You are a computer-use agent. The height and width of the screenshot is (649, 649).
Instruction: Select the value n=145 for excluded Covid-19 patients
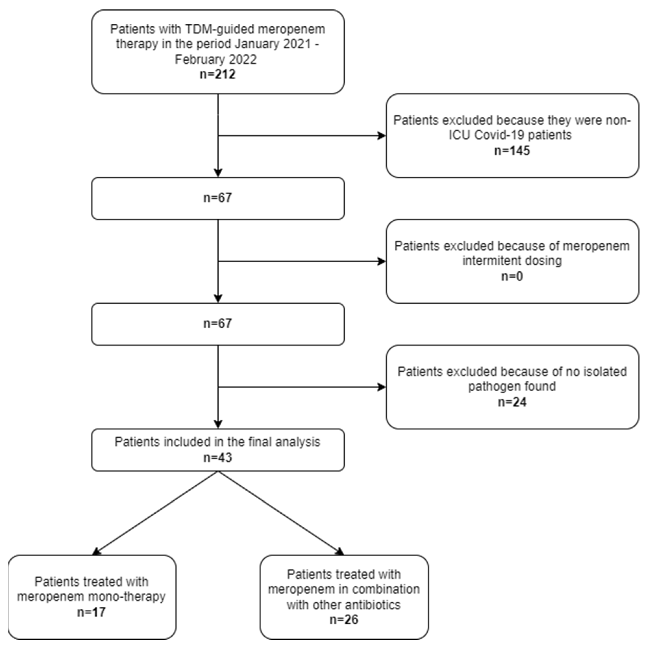coord(512,151)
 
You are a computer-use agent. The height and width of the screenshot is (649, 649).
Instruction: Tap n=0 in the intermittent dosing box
coord(512,276)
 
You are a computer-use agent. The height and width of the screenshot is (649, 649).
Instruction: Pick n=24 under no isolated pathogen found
coord(512,402)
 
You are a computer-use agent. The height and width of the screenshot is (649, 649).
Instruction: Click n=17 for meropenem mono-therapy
coord(91,612)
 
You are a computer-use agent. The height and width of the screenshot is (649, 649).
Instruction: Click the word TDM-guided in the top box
coord(220,30)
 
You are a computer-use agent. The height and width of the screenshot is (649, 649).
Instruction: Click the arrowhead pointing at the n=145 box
coord(382,136)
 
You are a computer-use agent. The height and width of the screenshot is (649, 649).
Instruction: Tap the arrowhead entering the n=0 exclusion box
coord(382,261)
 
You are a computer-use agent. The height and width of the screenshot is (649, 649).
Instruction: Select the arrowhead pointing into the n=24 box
coord(382,387)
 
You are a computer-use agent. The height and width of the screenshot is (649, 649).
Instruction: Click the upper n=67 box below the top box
coord(218,198)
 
